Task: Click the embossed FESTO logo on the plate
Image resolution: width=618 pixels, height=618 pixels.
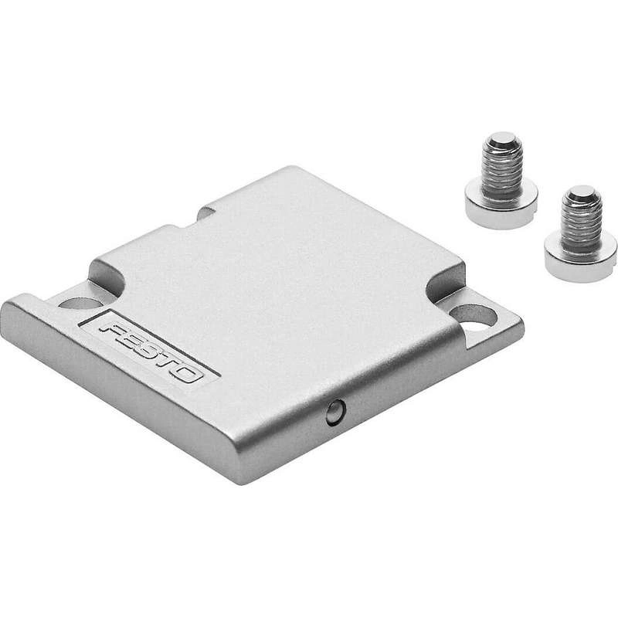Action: pos(152,351)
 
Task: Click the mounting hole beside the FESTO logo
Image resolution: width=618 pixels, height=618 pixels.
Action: pos(79,303)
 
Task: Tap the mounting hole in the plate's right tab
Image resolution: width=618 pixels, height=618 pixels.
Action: pos(472,316)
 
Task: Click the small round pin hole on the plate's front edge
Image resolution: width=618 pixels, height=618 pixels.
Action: pos(336,413)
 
